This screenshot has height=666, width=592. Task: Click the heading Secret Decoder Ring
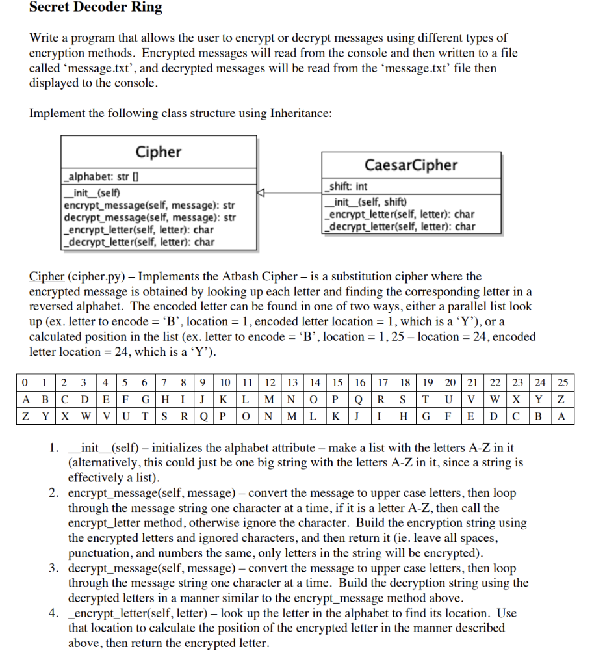coord(96,8)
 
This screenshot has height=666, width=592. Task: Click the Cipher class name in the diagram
coord(159,152)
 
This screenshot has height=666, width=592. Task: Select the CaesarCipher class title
coord(411,165)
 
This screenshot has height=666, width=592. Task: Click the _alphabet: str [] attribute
coord(103,177)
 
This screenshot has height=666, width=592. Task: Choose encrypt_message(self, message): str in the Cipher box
coord(149,205)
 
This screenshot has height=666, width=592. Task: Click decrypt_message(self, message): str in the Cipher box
coord(149,217)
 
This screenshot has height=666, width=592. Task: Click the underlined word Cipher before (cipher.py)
coord(47,276)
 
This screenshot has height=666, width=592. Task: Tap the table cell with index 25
coord(563,382)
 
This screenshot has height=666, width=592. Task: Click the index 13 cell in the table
coord(293,382)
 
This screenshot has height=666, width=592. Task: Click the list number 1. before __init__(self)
coord(55,449)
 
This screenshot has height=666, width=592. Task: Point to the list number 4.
coord(55,613)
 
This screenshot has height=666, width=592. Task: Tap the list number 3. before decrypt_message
coord(55,568)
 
